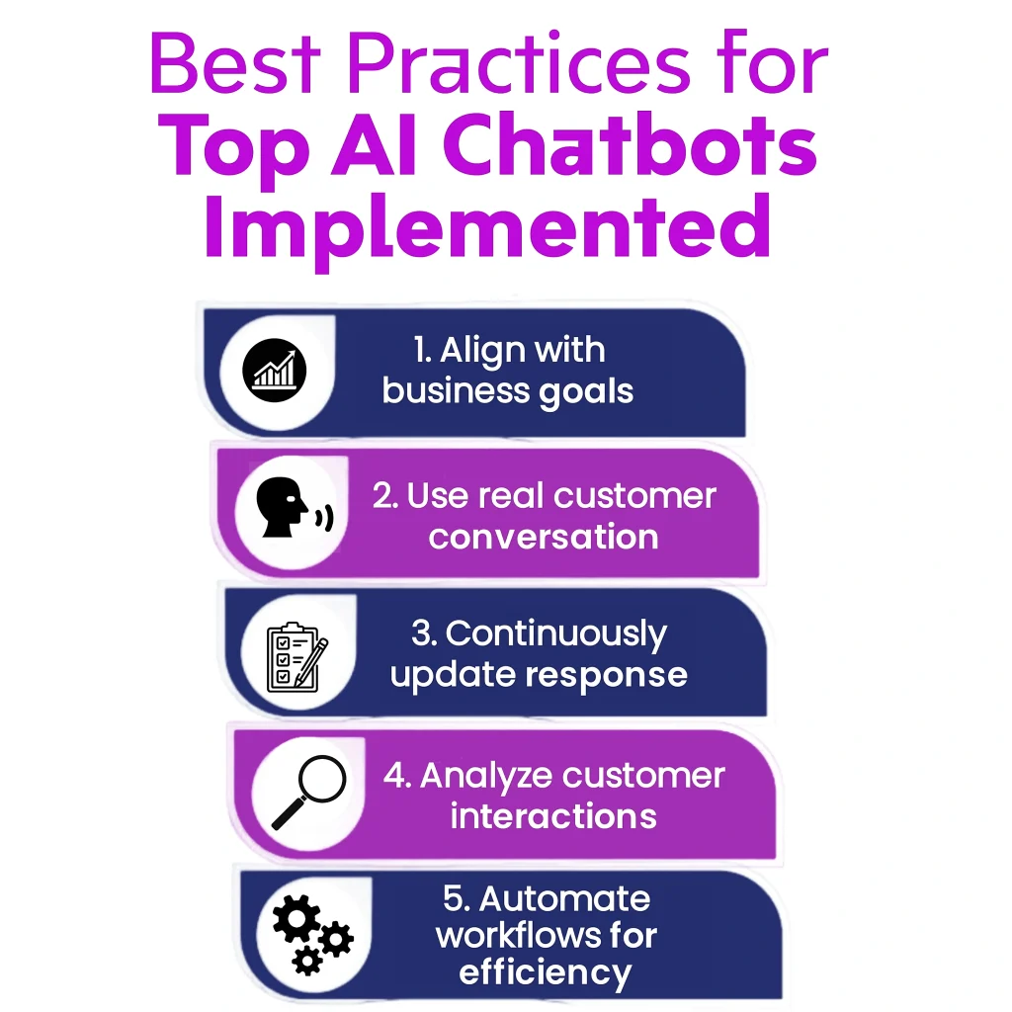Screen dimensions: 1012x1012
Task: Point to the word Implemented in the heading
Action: [486, 225]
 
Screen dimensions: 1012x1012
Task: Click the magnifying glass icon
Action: [307, 791]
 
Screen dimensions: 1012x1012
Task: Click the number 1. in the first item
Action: [423, 351]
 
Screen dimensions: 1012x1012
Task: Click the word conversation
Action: [543, 537]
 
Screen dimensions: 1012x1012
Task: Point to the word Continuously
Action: [555, 633]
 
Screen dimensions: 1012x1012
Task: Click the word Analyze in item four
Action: [478, 776]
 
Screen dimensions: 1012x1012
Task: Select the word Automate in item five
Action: [564, 898]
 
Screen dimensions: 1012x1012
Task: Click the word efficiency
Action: [545, 972]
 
